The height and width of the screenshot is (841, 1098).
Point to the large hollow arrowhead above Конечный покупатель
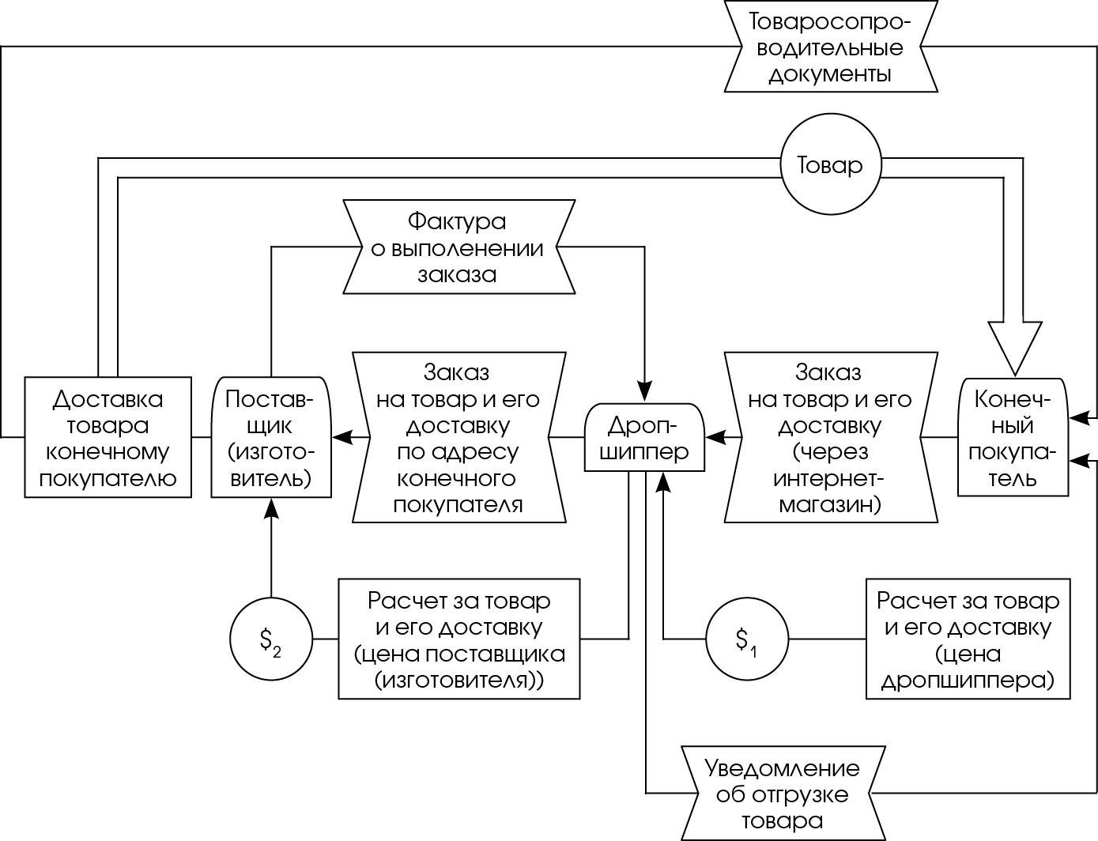pos(1015,349)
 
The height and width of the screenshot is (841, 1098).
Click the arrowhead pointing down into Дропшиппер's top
pos(644,392)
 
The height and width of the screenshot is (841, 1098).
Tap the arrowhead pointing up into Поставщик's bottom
pos(271,508)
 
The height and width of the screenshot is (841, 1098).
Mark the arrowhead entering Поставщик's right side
pos(342,437)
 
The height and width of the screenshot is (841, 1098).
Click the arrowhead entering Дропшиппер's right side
pos(715,437)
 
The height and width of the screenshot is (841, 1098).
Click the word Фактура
pos(457,221)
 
